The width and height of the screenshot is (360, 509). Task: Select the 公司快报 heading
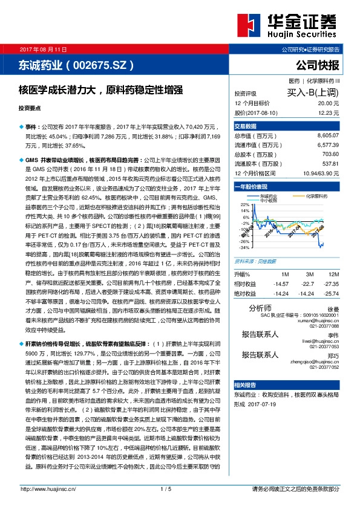[x=317, y=65]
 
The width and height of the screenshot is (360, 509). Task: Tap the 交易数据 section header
[x=246, y=126]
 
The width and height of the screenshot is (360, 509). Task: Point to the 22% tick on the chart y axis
[x=245, y=205]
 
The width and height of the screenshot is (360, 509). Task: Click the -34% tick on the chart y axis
[x=244, y=248]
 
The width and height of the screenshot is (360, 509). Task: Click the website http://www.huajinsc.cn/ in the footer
[x=43, y=488]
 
